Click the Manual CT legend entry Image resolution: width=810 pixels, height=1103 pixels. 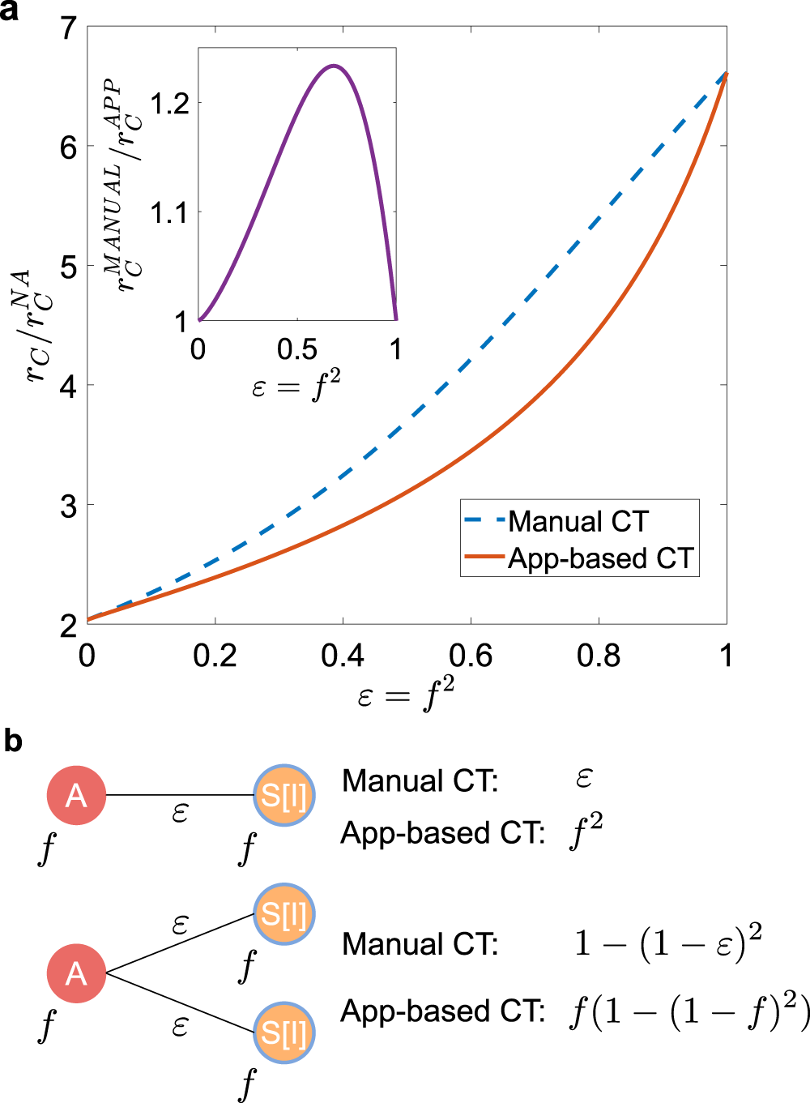click(x=578, y=521)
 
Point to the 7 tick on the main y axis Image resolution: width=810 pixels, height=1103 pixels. click(x=69, y=28)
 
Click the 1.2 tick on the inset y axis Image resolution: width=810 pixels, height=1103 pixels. click(x=169, y=104)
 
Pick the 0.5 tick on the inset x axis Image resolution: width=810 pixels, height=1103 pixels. click(x=297, y=350)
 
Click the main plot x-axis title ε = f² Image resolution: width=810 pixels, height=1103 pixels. click(x=406, y=695)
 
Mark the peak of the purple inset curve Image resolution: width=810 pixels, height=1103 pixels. click(x=333, y=66)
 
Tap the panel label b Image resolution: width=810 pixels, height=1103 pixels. click(x=13, y=741)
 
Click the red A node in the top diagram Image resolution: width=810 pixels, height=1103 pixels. click(x=76, y=795)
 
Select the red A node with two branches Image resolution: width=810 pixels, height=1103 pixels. click(x=76, y=973)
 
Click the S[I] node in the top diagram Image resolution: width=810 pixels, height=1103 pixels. click(x=283, y=795)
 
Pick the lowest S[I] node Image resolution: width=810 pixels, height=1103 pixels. click(x=283, y=1032)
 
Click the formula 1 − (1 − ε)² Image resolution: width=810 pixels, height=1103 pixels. click(x=667, y=943)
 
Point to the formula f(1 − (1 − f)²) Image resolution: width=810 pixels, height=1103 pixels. click(x=688, y=1011)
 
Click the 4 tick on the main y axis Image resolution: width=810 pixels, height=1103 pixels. click(x=69, y=387)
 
